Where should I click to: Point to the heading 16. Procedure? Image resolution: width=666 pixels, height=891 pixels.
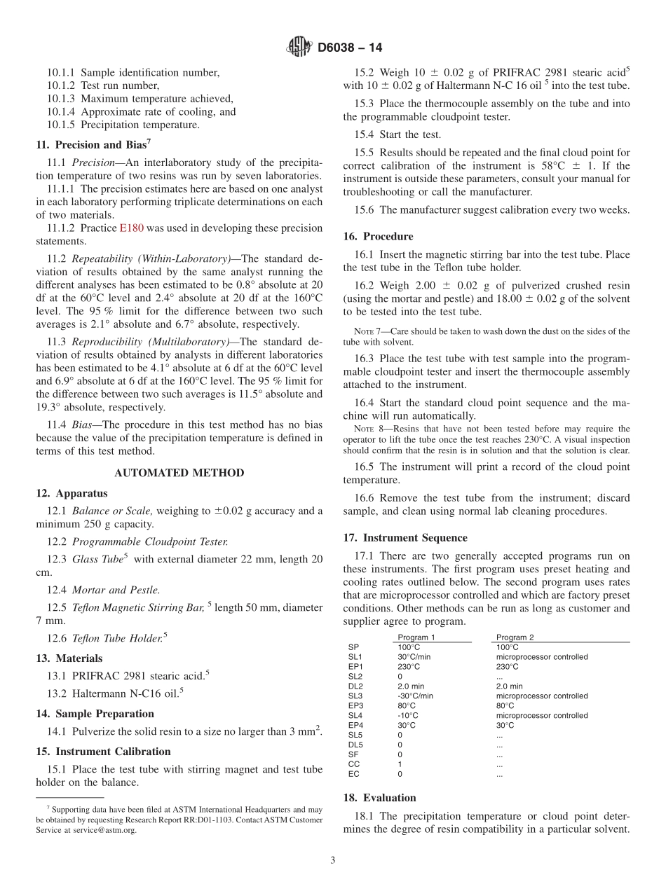[x=379, y=236]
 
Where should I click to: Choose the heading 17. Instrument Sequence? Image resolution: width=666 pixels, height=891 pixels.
[x=405, y=538]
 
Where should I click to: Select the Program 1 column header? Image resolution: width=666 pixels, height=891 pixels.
[x=416, y=637]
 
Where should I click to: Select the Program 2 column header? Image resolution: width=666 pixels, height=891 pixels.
[x=515, y=637]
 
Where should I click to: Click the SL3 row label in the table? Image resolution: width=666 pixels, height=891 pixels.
[x=355, y=696]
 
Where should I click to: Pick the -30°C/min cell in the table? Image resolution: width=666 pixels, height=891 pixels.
[x=415, y=696]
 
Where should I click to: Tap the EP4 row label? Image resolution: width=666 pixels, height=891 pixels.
[x=355, y=726]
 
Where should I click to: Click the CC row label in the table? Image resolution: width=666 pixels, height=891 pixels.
[x=353, y=764]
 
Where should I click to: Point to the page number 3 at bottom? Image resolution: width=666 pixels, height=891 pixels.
[x=333, y=861]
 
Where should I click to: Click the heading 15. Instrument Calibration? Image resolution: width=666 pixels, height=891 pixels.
[x=103, y=752]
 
